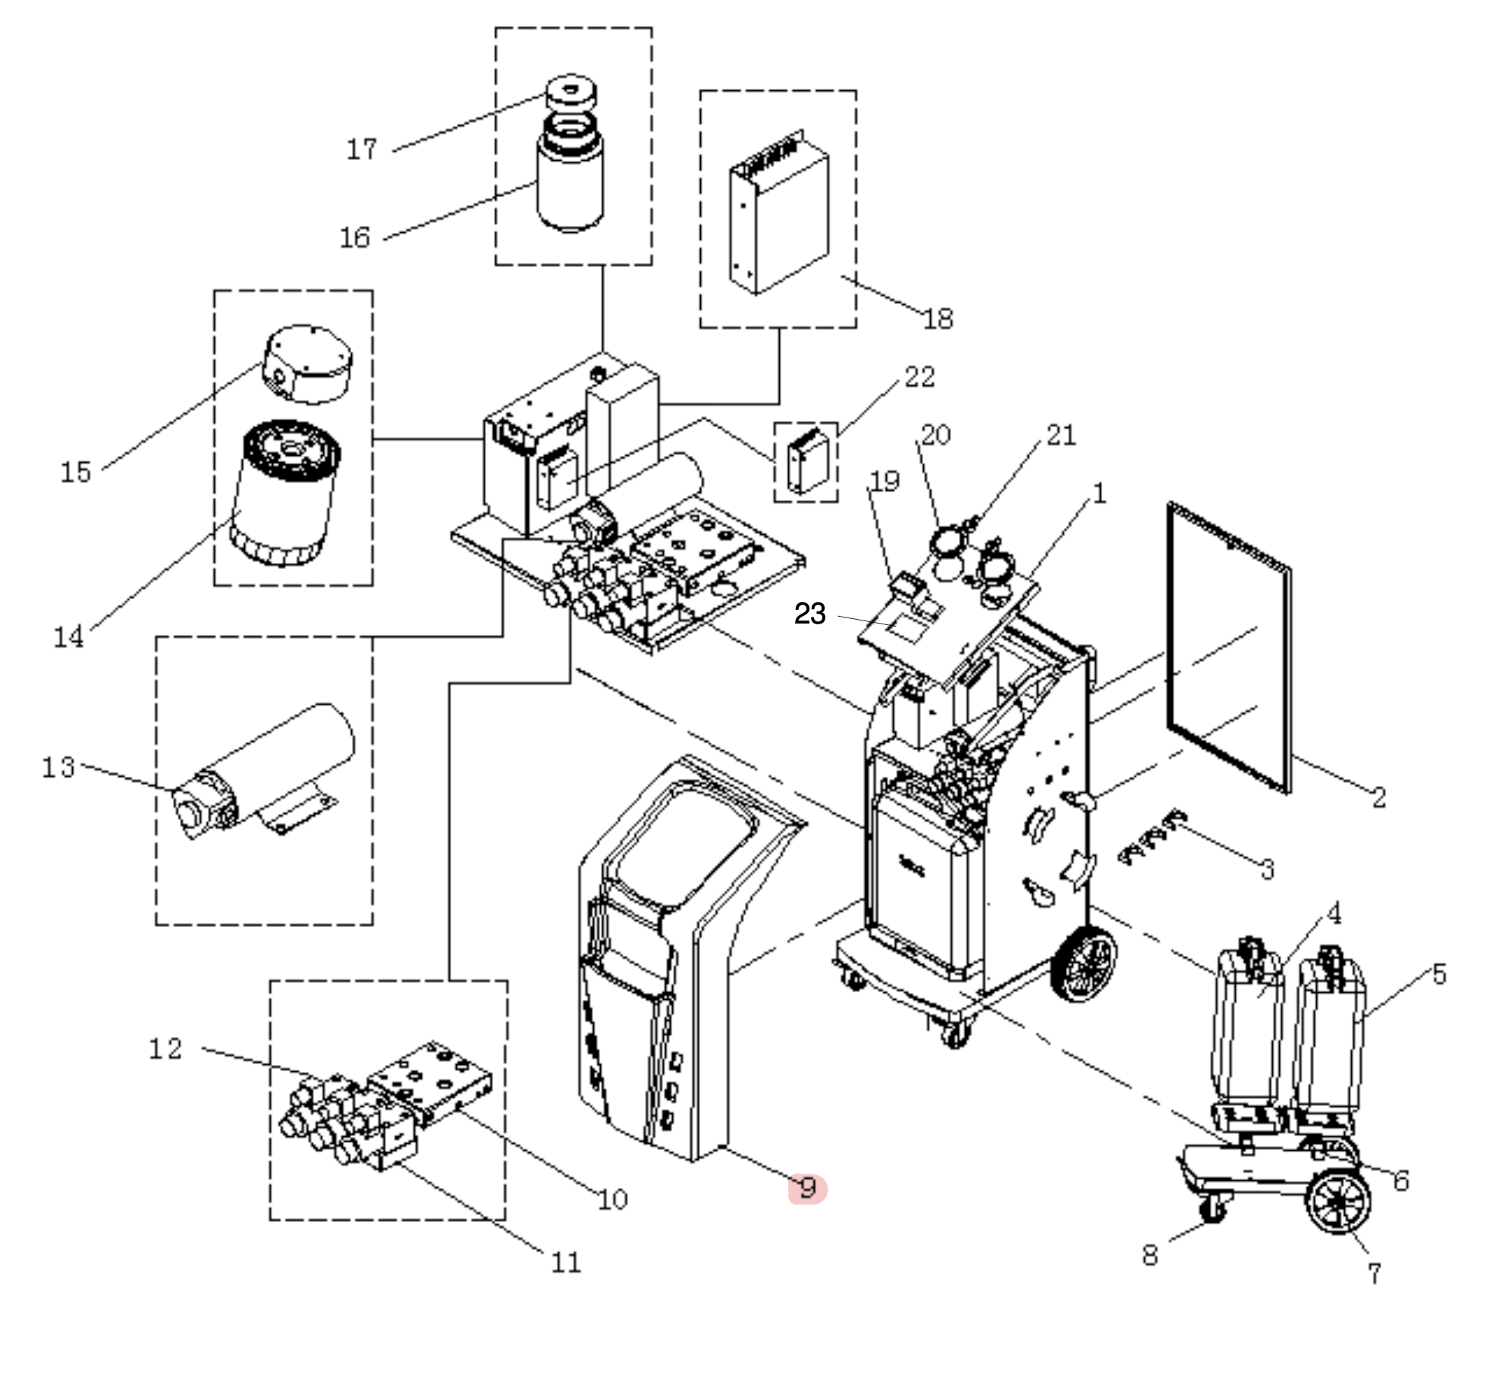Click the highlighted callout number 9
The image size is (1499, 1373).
tap(808, 1188)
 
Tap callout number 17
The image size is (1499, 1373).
tap(361, 149)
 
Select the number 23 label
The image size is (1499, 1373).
tap(809, 614)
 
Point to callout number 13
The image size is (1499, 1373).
tap(58, 767)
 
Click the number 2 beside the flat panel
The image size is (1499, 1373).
tap(1378, 796)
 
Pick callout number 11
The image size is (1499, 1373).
tap(566, 1262)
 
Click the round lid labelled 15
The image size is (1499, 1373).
tap(307, 364)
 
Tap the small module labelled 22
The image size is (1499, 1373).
tap(806, 460)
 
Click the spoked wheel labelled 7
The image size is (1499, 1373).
tap(1338, 1202)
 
